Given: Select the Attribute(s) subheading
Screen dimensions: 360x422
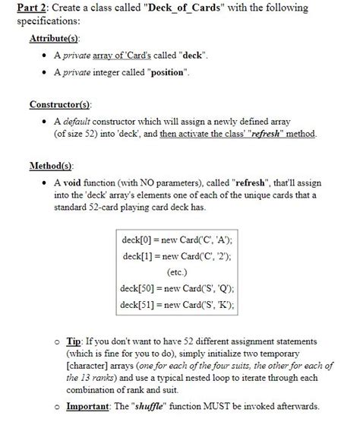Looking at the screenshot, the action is pos(55,38).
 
